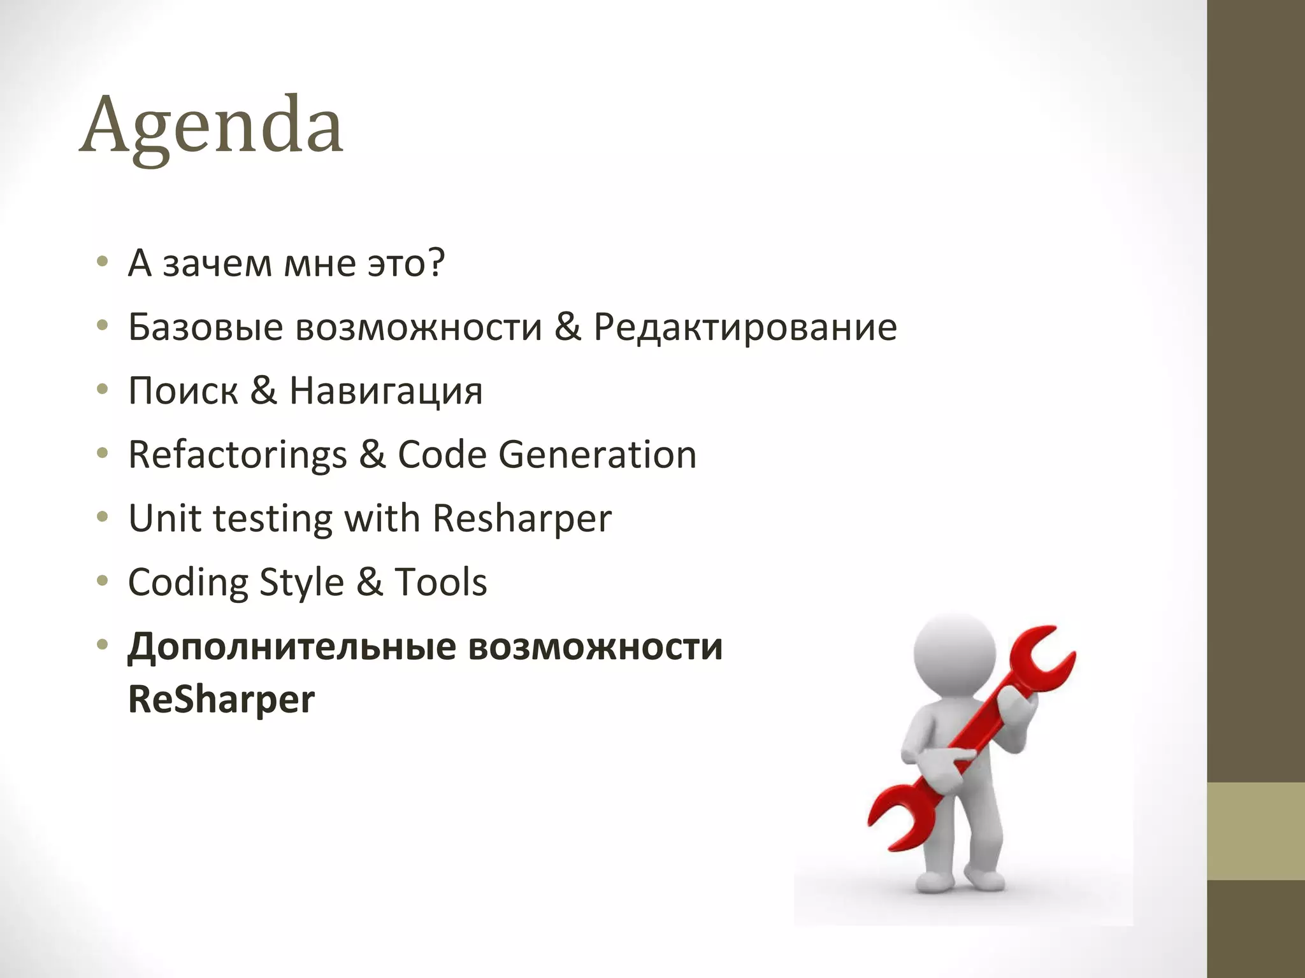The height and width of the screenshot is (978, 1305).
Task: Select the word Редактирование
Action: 745,328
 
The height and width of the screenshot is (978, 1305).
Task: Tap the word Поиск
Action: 183,390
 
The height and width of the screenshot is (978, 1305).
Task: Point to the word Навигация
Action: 386,392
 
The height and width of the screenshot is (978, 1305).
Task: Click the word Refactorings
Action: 237,455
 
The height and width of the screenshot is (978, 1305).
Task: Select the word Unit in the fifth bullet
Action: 164,518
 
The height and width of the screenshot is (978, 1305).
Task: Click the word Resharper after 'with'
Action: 521,519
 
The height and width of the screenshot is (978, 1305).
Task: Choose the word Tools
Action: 440,582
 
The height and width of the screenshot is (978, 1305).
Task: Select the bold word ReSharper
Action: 221,699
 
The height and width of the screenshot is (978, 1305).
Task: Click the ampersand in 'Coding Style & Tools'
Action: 369,582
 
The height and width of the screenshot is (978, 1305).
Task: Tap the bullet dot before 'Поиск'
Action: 102,390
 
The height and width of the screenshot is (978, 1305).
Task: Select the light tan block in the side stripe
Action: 1256,831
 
